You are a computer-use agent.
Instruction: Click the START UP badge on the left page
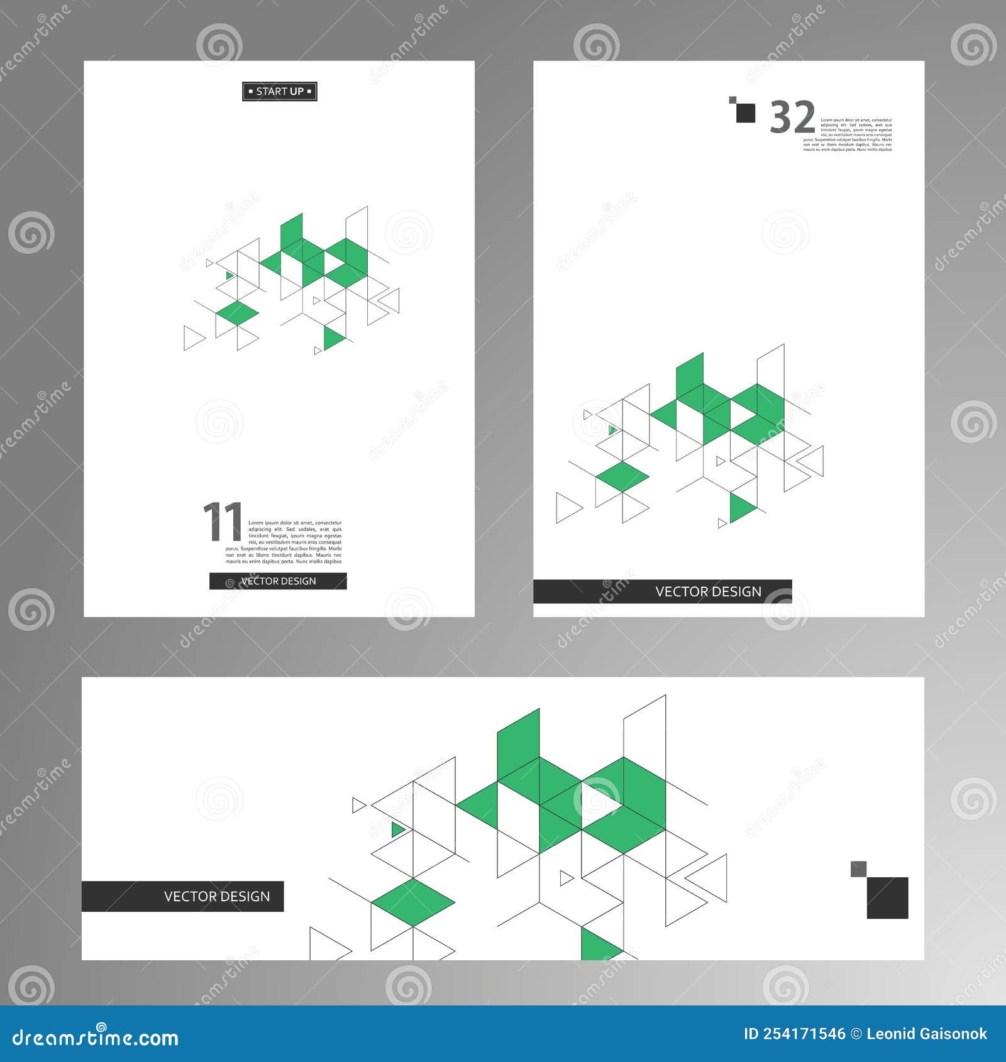(279, 92)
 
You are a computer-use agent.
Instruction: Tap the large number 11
(223, 522)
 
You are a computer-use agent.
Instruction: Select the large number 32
(792, 118)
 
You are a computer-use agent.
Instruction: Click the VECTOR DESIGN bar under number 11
(278, 581)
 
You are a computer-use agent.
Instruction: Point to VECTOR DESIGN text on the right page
(708, 592)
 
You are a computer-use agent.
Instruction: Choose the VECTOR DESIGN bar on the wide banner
(182, 896)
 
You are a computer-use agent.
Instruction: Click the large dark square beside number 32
(746, 113)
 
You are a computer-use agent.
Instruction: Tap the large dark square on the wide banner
(887, 897)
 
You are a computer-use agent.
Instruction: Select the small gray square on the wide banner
(858, 869)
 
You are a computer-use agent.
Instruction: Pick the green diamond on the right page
(622, 476)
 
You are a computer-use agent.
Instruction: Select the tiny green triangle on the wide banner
(397, 830)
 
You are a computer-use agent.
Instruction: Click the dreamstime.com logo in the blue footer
(96, 1038)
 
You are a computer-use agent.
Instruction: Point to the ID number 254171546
(794, 1034)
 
